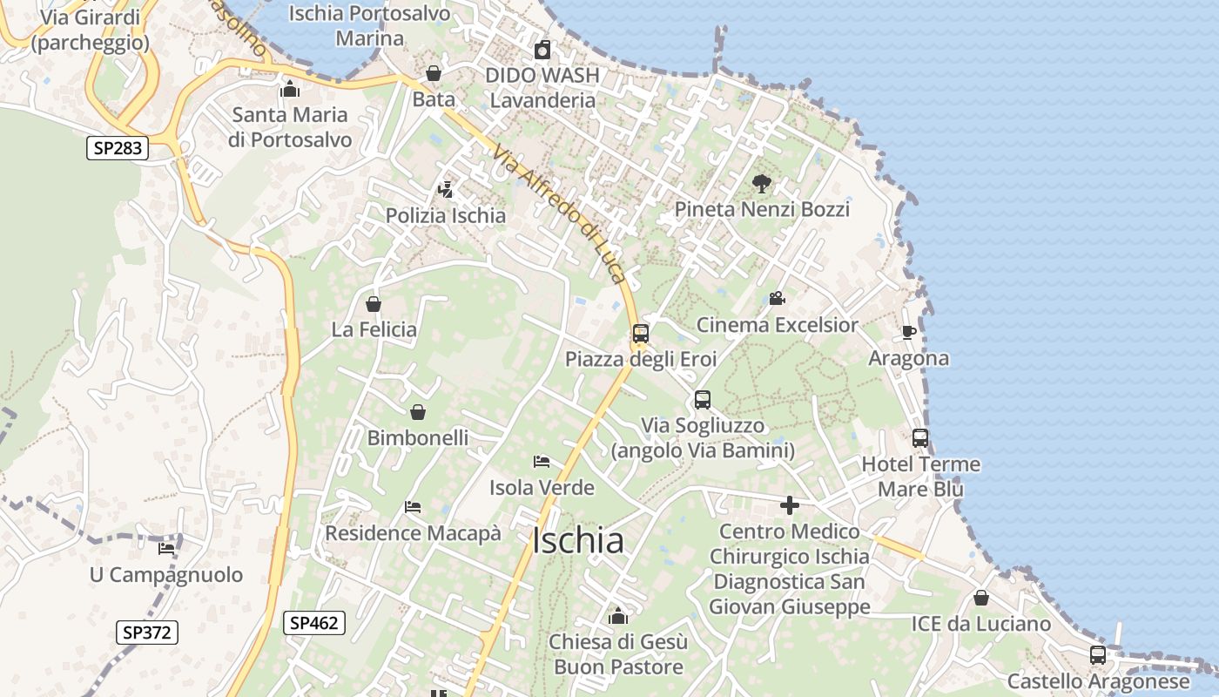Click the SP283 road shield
coord(118,148)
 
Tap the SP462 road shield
coord(314,622)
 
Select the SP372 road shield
coord(147,633)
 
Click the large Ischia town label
coord(577,541)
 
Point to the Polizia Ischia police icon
coord(446,189)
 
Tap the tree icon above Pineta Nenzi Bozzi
coord(762,183)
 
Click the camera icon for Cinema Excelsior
coord(777,299)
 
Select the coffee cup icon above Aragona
coord(908,332)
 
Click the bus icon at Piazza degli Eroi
coord(641,333)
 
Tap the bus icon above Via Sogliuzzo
coord(702,400)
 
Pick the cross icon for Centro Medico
coord(790,505)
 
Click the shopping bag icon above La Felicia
coord(374,304)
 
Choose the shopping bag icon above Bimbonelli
coord(418,412)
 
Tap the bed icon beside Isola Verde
coord(542,461)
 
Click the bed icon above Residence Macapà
coord(413,506)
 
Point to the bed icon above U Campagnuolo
coord(166,548)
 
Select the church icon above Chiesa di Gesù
coord(618,617)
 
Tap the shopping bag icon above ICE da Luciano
coord(980,598)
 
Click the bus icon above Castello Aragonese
coord(1098,654)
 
